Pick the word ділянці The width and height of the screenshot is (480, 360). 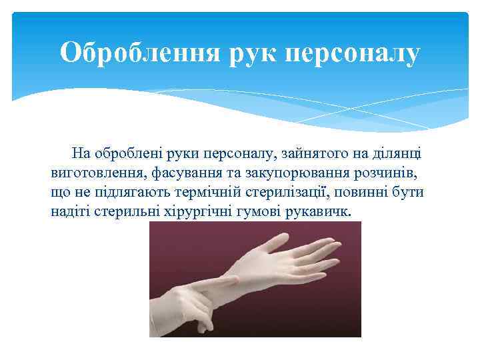click(397, 153)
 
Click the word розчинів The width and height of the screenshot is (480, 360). click(374, 173)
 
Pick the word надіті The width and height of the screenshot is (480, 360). click(69, 212)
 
